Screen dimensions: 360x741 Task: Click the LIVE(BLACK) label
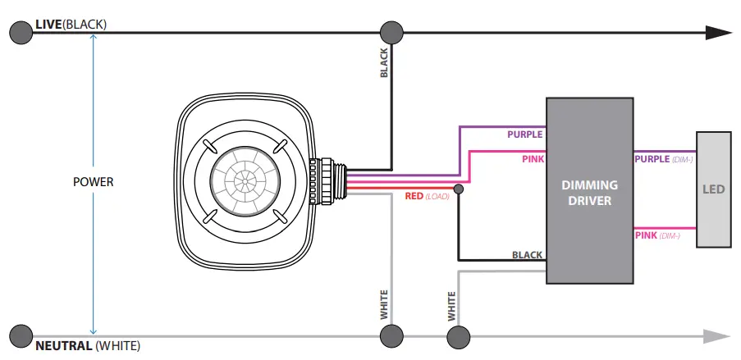coord(71,25)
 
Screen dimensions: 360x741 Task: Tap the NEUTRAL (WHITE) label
coord(87,345)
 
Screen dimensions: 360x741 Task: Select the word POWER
coord(94,181)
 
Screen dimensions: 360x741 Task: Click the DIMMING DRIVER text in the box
coord(590,193)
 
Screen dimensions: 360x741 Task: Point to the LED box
coord(713,189)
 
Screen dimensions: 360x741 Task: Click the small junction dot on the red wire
coord(458,189)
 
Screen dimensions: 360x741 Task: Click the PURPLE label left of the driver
coord(524,134)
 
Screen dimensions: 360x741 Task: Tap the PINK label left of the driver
coord(533,158)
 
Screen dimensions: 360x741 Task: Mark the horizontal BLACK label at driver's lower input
coord(527,255)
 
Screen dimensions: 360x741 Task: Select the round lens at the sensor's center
coord(244,181)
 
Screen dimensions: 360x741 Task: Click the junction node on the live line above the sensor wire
coord(391,33)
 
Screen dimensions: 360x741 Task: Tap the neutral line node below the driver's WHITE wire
coord(458,335)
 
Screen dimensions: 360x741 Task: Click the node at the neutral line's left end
coord(21,335)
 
